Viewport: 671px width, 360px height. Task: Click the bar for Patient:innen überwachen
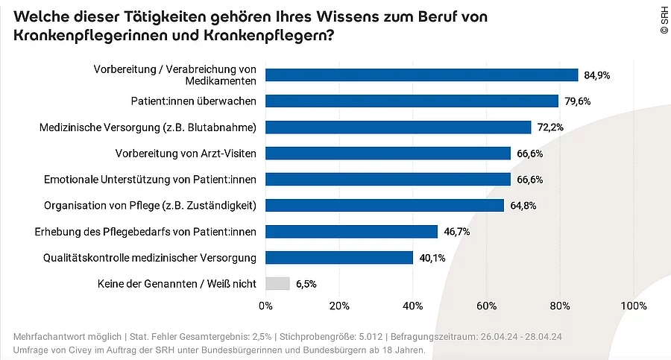412,101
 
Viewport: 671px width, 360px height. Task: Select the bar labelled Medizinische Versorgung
398,127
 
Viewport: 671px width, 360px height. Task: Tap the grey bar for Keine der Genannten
277,283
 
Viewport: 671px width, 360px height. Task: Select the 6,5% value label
307,284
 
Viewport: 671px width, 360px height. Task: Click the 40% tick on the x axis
412,306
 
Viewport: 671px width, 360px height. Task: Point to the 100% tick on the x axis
633,306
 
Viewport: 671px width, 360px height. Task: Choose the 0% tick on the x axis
265,306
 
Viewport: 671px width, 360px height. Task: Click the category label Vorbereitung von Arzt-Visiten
186,154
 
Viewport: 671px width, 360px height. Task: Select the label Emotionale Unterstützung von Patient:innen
150,180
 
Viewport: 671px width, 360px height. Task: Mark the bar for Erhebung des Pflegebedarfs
351,231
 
